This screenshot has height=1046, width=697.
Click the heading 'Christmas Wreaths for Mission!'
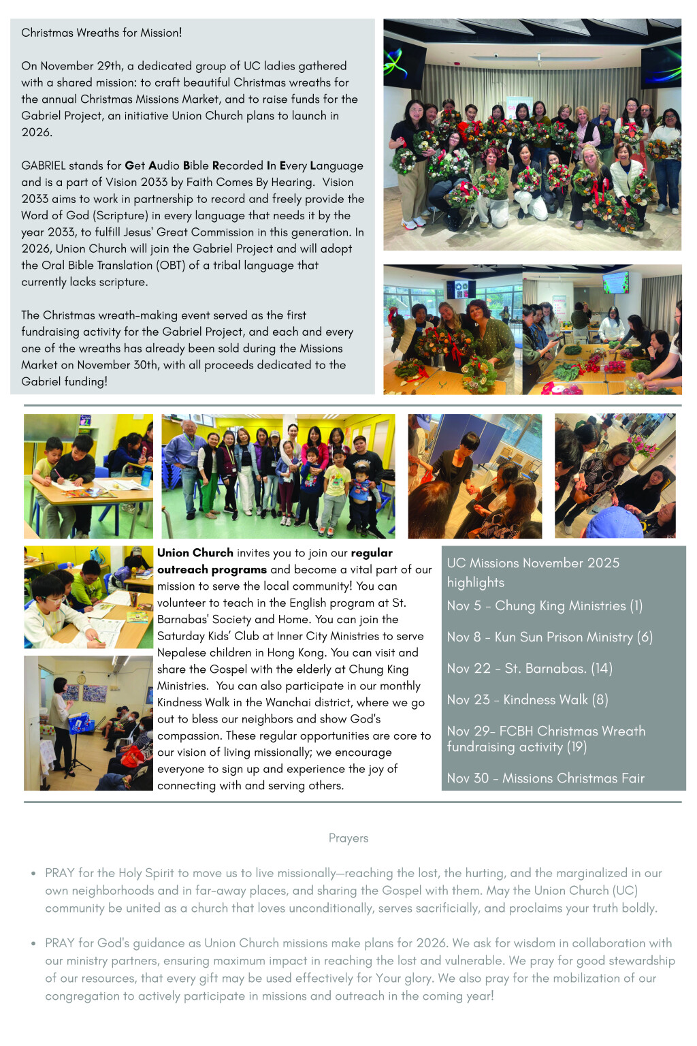[x=101, y=33]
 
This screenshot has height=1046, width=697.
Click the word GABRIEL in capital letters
[x=44, y=165]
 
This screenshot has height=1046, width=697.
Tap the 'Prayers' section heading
[x=348, y=838]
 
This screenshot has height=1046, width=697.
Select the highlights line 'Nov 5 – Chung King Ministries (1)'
[x=545, y=605]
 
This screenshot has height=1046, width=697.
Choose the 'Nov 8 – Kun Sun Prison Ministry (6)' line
[x=549, y=637]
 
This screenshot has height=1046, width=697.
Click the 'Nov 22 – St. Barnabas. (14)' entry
[x=530, y=668]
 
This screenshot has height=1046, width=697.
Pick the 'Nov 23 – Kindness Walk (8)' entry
[x=528, y=699]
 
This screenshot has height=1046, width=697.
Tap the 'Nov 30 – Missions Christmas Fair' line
[x=545, y=778]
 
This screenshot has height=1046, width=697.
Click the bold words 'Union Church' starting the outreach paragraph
[x=195, y=553]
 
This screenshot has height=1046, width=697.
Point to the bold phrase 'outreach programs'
[x=212, y=569]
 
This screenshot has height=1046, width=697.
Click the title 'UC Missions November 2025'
[x=533, y=562]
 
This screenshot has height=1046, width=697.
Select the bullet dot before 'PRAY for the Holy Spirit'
[x=33, y=873]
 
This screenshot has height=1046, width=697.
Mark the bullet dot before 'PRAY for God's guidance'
[x=33, y=943]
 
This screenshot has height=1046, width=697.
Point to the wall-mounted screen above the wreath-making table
[x=615, y=283]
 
